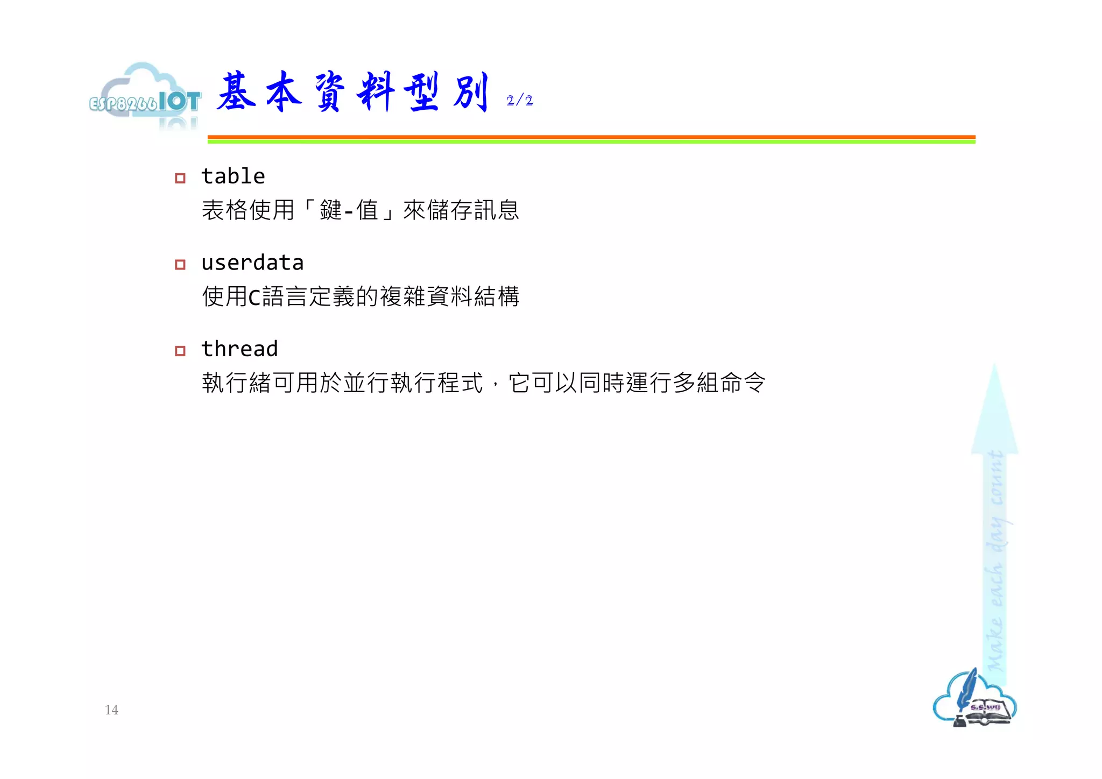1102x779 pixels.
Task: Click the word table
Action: point(233,176)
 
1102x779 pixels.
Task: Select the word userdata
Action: point(252,263)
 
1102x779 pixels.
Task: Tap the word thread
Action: point(239,349)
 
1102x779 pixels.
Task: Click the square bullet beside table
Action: point(180,178)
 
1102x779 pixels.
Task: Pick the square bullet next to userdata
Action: point(180,265)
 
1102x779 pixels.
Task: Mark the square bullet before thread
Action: point(180,351)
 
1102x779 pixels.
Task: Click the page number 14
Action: point(111,710)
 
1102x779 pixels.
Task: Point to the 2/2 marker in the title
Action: point(519,101)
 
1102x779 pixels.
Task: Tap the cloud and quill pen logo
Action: point(974,699)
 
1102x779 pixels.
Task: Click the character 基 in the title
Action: point(236,92)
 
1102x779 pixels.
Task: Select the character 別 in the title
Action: point(471,92)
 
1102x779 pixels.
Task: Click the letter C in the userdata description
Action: point(254,297)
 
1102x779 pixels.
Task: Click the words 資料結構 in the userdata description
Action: point(474,296)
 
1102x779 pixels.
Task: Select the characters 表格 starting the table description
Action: point(225,210)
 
